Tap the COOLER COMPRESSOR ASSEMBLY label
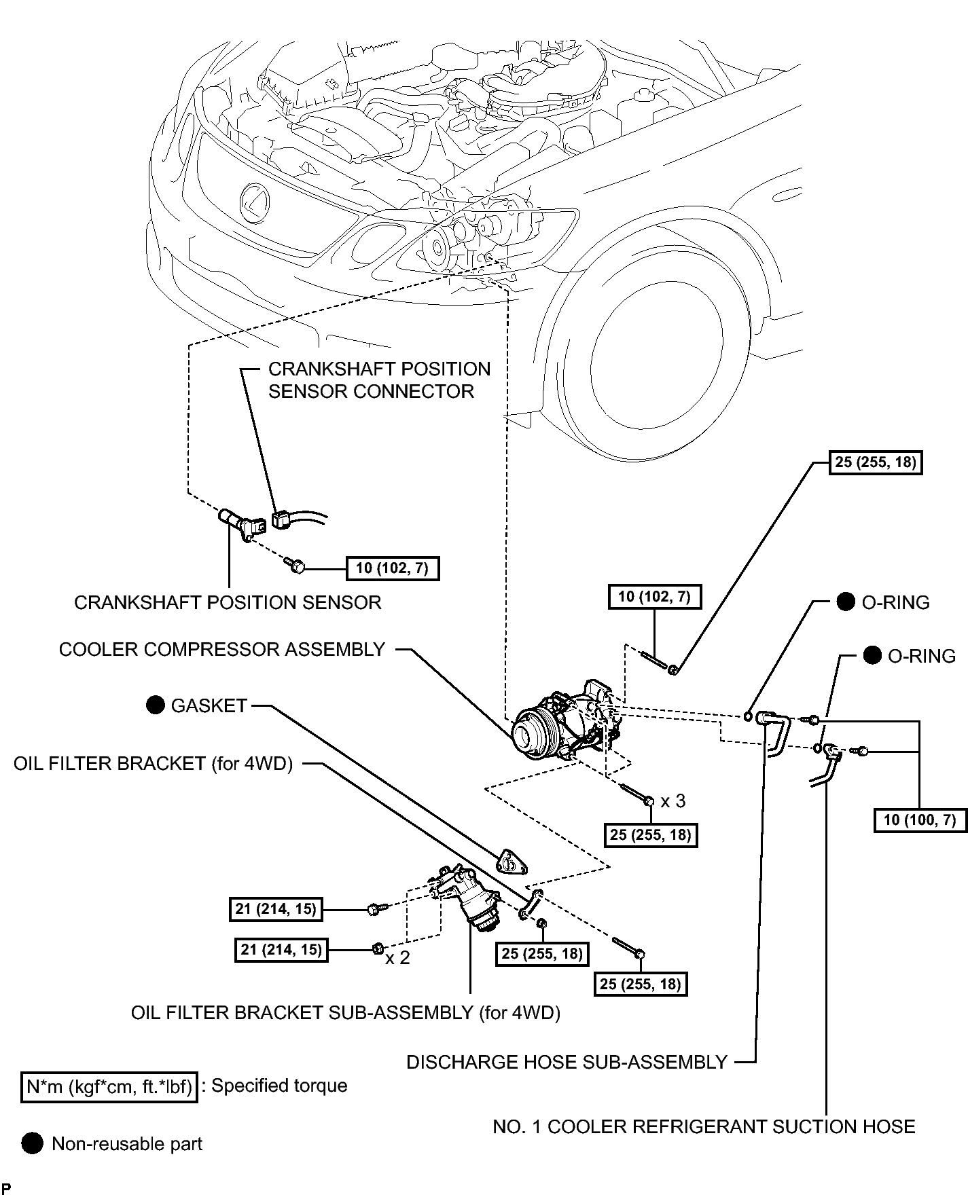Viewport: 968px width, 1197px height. pyautogui.click(x=222, y=650)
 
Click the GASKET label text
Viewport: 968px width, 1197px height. pyautogui.click(x=209, y=706)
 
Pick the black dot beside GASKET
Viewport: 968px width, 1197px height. pyautogui.click(x=156, y=705)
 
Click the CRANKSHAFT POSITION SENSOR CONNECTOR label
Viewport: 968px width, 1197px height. pyautogui.click(x=379, y=380)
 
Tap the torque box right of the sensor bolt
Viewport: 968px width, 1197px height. pyautogui.click(x=392, y=568)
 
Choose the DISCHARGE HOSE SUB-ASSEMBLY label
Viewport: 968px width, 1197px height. pyautogui.click(x=567, y=1062)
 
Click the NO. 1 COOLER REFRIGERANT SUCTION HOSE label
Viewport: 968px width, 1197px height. pyautogui.click(x=704, y=1127)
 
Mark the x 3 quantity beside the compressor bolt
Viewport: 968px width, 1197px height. pyautogui.click(x=673, y=801)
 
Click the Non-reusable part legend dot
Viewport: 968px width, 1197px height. pyautogui.click(x=31, y=1144)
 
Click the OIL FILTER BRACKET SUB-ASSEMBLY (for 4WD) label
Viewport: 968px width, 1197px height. pyautogui.click(x=346, y=1013)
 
